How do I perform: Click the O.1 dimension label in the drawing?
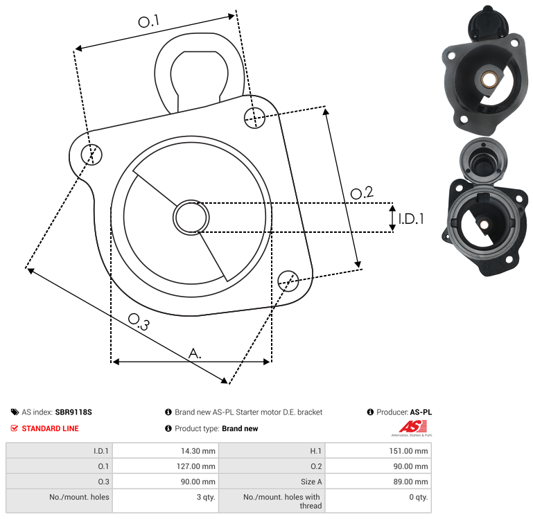tap(148, 21)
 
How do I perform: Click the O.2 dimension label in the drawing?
tap(362, 193)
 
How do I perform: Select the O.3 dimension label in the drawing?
tap(139, 322)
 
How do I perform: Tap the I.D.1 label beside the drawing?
tap(411, 219)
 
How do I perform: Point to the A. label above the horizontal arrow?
tap(195, 353)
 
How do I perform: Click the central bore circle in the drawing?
tap(191, 218)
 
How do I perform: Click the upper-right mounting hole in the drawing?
tap(254, 118)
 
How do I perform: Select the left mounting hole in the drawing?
tap(91, 155)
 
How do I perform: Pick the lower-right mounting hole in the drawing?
tap(288, 281)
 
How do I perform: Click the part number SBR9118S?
tap(73, 412)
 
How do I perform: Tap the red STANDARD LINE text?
tap(51, 429)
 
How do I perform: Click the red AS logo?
tap(412, 427)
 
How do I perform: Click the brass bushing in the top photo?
tap(489, 80)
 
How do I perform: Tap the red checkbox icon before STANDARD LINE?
tap(15, 428)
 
